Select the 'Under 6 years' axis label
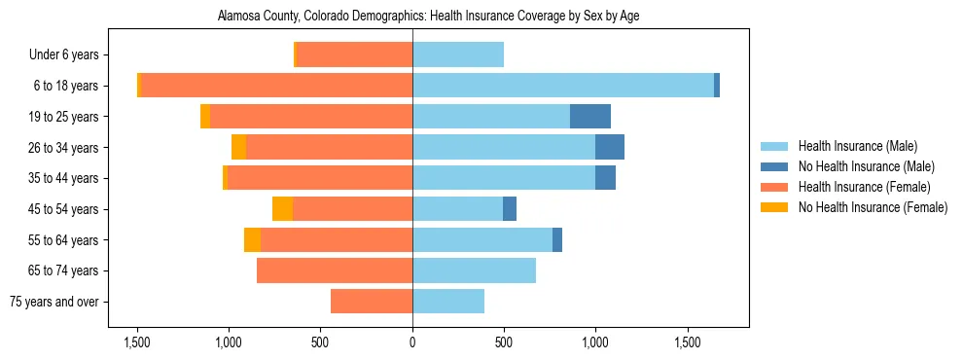[x=70, y=55]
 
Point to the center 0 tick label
[x=412, y=342]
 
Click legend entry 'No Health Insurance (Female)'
[x=873, y=207]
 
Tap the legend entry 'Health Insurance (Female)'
[x=864, y=187]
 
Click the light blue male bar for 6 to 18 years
[x=563, y=86]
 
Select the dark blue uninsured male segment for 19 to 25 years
[x=590, y=117]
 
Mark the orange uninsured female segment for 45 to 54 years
[x=282, y=209]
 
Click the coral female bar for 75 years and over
[x=372, y=302]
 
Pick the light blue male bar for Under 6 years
[x=458, y=55]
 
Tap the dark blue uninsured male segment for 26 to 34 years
[x=610, y=148]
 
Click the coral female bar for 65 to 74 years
[x=335, y=270]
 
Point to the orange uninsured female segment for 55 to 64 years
[x=252, y=240]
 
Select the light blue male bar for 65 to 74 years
[x=474, y=270]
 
